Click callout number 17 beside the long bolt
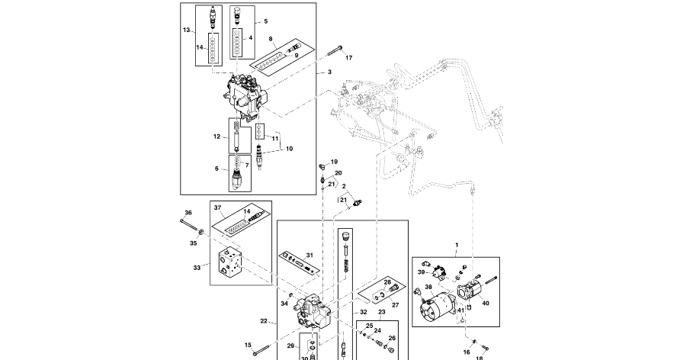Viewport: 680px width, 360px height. (x=349, y=58)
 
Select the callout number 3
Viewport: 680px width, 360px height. (x=330, y=72)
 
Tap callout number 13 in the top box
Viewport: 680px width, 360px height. (x=186, y=30)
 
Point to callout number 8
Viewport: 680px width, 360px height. (x=271, y=38)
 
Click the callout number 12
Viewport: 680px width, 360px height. (x=217, y=137)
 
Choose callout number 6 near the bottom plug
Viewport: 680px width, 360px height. (x=217, y=169)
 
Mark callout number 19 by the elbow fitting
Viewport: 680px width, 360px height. (x=334, y=162)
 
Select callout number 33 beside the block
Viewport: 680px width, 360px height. (x=197, y=268)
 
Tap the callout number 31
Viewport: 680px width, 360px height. (x=310, y=255)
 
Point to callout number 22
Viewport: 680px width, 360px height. (x=264, y=321)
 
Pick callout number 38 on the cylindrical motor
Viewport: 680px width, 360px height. (x=428, y=288)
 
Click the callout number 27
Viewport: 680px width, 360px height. (x=395, y=305)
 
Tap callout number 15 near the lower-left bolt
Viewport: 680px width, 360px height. (x=248, y=346)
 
